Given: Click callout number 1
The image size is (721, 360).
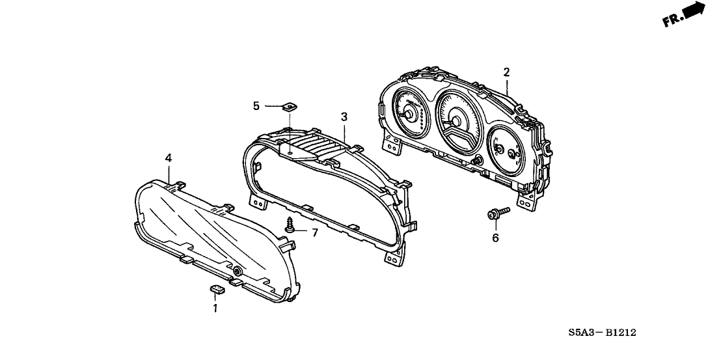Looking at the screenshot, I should tap(215, 307).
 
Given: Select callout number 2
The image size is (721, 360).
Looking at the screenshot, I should tap(506, 72).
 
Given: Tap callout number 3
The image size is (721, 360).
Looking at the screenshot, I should tap(344, 117).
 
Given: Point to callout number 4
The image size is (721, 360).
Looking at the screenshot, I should tap(169, 158).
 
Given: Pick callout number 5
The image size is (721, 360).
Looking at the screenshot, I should tap(256, 105).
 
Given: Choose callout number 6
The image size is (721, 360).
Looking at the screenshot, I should tap(495, 238).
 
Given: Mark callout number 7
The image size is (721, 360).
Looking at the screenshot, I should tap(314, 232).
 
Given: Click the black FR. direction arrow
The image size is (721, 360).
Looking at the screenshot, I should tap(696, 10).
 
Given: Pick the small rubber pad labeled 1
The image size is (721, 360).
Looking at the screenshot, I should tap(218, 288).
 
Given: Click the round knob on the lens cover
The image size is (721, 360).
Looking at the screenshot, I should tap(238, 271).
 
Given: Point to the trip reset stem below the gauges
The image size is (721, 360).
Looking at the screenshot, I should tap(478, 161).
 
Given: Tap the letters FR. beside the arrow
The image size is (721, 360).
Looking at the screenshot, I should tap(673, 21).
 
